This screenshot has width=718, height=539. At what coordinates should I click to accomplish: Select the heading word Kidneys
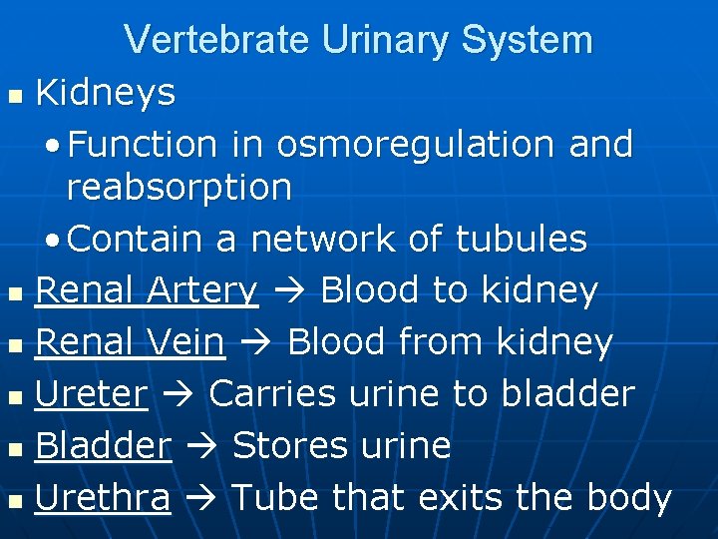(105, 94)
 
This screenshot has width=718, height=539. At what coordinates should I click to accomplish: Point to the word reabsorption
(179, 187)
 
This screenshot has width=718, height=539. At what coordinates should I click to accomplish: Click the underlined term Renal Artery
(147, 290)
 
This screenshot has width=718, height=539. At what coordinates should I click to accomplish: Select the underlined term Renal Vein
(130, 342)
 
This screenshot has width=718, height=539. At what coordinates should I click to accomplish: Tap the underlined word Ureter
(91, 394)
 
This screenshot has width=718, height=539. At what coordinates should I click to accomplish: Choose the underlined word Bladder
(103, 446)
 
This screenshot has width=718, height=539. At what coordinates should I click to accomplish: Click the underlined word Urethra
(103, 497)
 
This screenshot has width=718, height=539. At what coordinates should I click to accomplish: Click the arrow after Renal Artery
(289, 291)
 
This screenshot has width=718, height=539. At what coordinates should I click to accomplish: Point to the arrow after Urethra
(200, 498)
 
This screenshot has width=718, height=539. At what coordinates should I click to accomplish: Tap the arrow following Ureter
(179, 395)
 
